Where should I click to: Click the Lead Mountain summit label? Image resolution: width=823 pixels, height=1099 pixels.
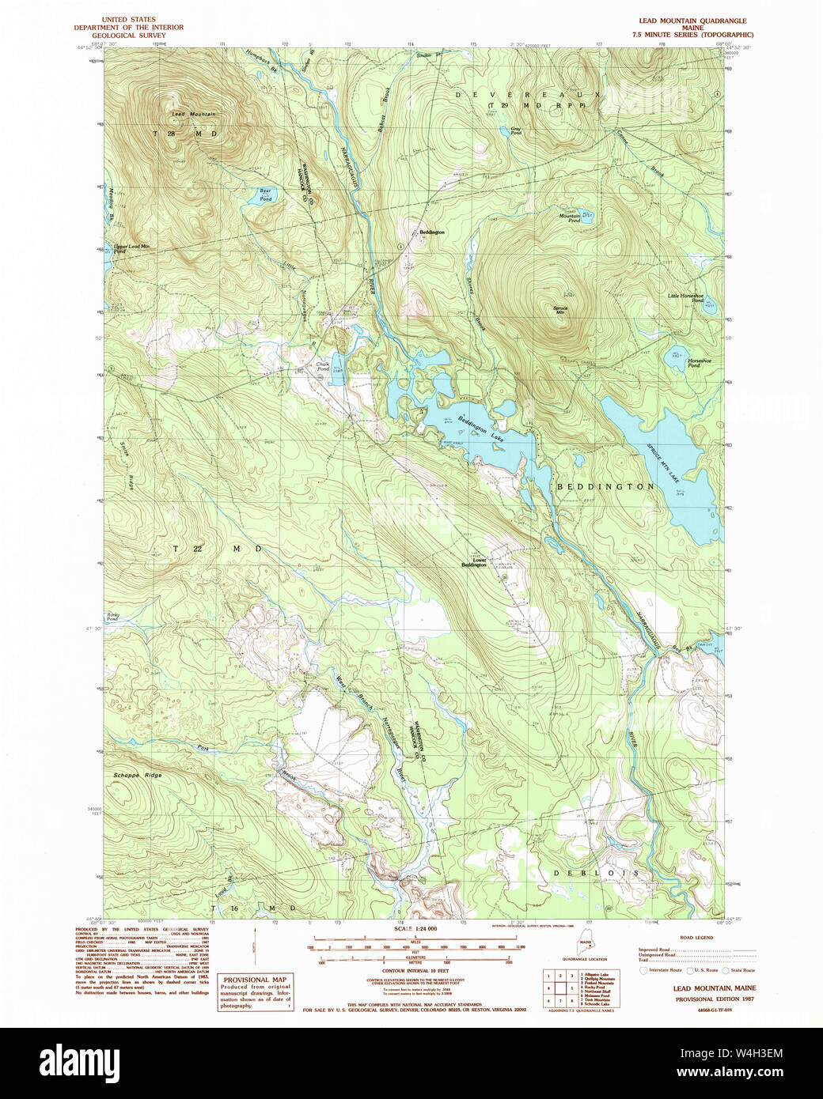[194, 115]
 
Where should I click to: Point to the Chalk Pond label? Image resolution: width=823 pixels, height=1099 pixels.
[323, 367]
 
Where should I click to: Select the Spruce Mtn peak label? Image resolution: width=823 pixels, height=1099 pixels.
[560, 311]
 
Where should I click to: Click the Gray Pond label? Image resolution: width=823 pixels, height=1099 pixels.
[516, 131]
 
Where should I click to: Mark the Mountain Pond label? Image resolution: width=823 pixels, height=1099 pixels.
[570, 218]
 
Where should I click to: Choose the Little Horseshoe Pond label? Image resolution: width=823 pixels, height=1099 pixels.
[685, 298]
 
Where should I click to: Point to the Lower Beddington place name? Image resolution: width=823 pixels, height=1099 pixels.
[474, 563]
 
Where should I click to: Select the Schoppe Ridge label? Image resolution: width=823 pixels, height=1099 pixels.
[138, 776]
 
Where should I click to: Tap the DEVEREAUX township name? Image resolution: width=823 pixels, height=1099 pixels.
[538, 95]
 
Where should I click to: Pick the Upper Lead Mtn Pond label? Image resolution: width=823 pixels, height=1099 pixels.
[131, 248]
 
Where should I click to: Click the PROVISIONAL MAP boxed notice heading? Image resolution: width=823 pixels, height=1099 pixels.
[255, 980]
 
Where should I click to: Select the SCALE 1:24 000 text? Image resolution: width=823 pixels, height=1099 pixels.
[415, 929]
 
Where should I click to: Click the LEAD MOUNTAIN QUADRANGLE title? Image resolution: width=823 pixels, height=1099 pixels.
[692, 21]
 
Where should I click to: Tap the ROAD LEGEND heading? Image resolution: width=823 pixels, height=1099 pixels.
[696, 938]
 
